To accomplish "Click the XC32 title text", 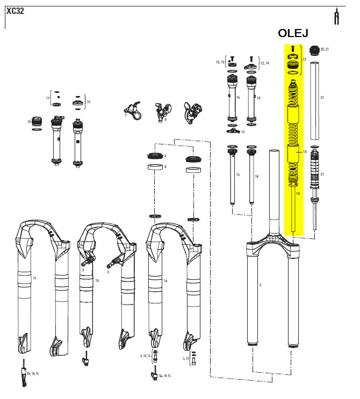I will pyautogui.click(x=16, y=10).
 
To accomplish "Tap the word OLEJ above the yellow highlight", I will pyautogui.click(x=293, y=33).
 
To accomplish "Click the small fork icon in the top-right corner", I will pyautogui.click(x=337, y=16).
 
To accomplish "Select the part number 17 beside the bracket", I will pyautogui.click(x=304, y=60).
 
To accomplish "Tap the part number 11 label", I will pyautogui.click(x=47, y=99).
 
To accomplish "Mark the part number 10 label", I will pyautogui.click(x=89, y=101).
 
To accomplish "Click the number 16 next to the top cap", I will pyautogui.click(x=29, y=122).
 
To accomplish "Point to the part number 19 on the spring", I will pyautogui.click(x=304, y=152).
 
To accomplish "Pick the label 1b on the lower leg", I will pyautogui.click(x=97, y=280).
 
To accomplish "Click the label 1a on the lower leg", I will pyautogui.click(x=165, y=280).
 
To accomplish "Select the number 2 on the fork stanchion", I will pyautogui.click(x=260, y=285).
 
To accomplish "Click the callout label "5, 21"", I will pyautogui.click(x=185, y=358).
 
